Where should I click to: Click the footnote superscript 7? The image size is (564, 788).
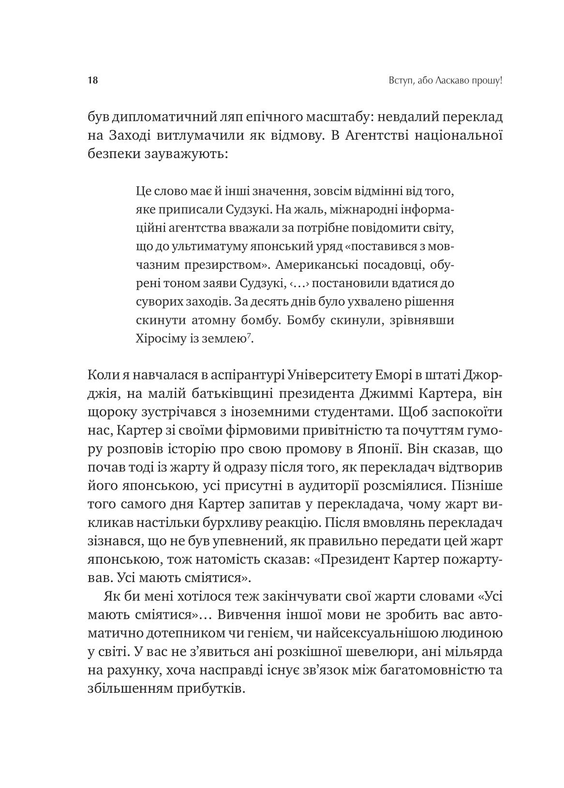pos(248,336)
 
